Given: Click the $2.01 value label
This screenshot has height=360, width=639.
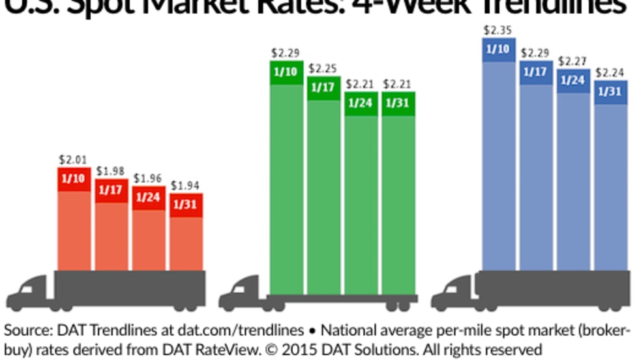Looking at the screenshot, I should (72, 159).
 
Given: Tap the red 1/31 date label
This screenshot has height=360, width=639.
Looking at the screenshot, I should (186, 205).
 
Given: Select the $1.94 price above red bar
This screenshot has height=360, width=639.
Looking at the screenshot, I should (186, 186).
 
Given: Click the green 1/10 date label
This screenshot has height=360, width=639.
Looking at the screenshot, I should (285, 72).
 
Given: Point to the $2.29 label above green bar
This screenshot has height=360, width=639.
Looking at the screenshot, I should (285, 52).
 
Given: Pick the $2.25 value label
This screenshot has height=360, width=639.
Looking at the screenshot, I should (323, 68).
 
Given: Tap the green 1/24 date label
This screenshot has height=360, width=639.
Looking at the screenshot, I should (361, 104).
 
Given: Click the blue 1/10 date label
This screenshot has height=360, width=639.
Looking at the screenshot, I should (499, 50).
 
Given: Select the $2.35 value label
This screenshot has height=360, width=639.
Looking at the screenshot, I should (499, 30).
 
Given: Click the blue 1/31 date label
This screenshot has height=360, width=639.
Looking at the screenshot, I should (611, 91).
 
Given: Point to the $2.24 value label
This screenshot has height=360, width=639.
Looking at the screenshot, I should (611, 72).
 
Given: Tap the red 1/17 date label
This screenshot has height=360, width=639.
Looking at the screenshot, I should (110, 190).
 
